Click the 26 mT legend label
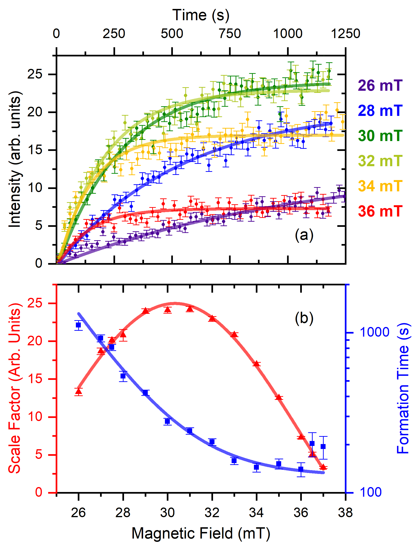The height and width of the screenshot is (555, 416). point(380,86)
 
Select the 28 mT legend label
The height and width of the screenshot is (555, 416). point(380,111)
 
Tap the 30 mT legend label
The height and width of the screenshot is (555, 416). point(380,136)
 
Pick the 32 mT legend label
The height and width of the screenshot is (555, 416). point(380,161)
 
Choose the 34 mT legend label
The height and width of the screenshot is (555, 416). point(380,186)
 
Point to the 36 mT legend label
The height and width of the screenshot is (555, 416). point(380,211)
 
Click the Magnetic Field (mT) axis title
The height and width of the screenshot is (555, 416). point(201,533)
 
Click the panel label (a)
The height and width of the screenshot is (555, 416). point(304,235)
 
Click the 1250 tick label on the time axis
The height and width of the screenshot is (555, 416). point(346,34)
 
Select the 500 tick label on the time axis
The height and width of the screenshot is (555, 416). point(172,34)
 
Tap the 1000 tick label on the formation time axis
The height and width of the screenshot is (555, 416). point(374,332)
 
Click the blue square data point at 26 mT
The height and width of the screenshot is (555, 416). point(78,325)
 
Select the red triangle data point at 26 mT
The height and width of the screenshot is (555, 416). point(79,391)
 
